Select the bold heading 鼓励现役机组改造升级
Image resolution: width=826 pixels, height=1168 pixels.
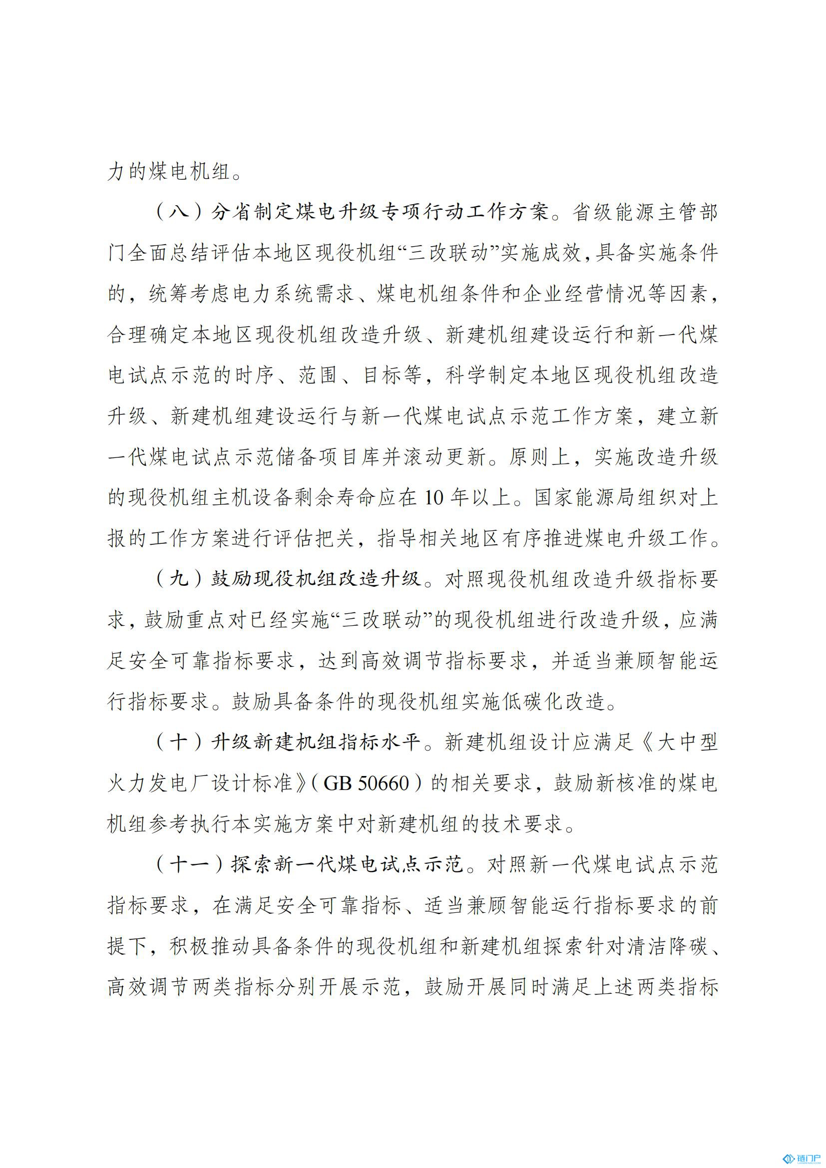[x=316, y=579]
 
